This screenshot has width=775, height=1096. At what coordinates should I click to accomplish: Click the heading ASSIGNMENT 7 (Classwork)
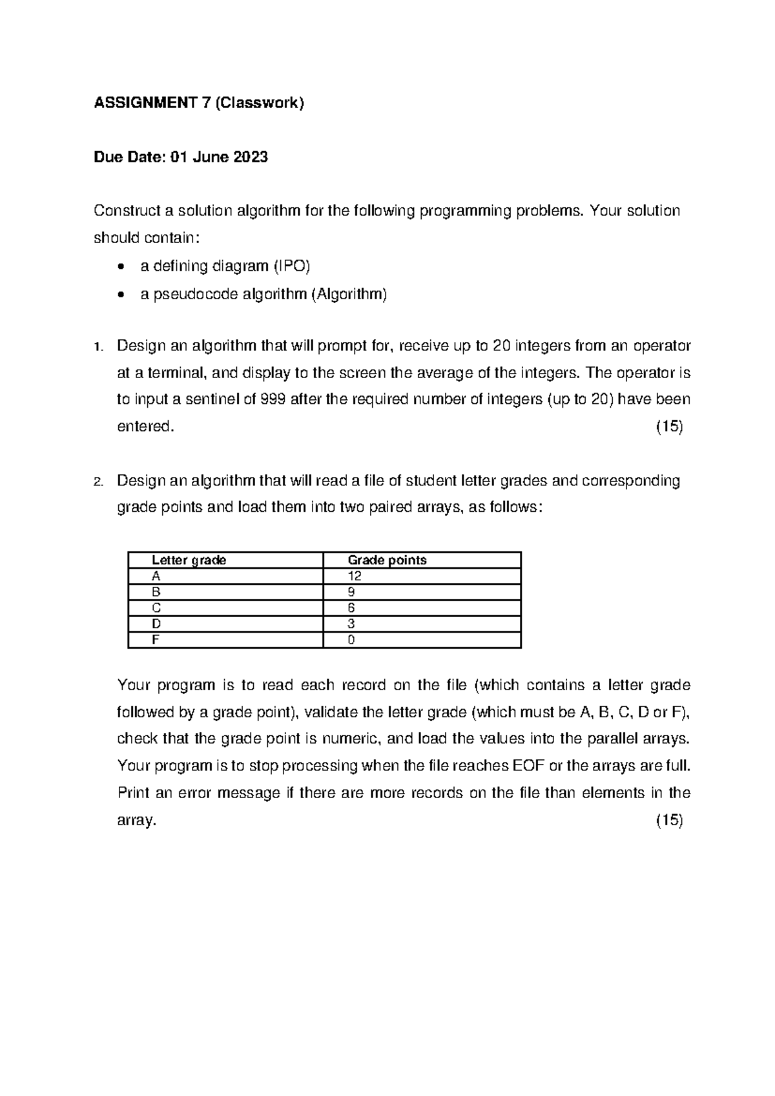[x=198, y=103]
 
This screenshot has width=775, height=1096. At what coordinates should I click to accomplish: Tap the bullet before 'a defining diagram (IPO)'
[x=122, y=266]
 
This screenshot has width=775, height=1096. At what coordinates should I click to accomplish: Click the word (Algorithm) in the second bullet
[x=349, y=295]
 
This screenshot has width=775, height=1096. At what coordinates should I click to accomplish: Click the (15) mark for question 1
[x=669, y=427]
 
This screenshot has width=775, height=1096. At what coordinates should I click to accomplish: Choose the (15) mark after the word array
[x=669, y=820]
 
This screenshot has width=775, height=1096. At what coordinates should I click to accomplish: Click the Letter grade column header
[x=189, y=560]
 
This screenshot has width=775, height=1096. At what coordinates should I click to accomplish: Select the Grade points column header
[x=387, y=560]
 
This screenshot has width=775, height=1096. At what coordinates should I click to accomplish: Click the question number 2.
[x=98, y=481]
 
